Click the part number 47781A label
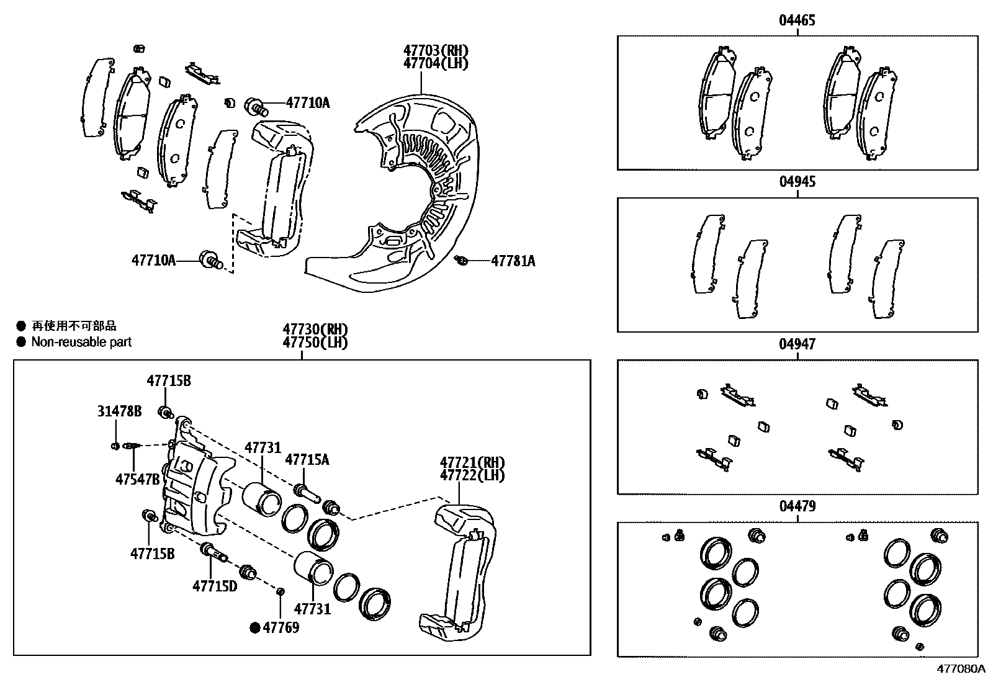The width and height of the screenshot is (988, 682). pos(513,261)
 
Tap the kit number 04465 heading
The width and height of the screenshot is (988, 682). pos(797,20)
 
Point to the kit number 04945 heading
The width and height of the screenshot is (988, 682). pos(797,182)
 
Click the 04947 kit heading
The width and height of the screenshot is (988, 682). pos(797,344)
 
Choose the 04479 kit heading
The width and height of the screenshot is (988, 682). pos(797,506)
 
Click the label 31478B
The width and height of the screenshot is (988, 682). pos(119,411)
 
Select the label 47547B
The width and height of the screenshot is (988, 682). pos(138,479)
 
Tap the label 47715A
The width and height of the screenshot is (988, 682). pos(307,460)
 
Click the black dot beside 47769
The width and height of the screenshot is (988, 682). pos(254,628)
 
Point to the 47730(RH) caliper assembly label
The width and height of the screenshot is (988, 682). pos(315,329)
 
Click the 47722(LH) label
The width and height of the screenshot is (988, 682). pos(472,475)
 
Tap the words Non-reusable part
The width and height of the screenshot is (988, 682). pos(81,342)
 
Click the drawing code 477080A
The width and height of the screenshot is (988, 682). pos(961,669)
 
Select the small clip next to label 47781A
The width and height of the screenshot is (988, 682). pos(461,261)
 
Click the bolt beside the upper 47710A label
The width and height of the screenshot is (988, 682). pos(257,107)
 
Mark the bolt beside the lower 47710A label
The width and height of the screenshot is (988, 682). pos(210,259)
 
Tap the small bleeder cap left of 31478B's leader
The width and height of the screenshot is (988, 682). pos(115,446)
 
